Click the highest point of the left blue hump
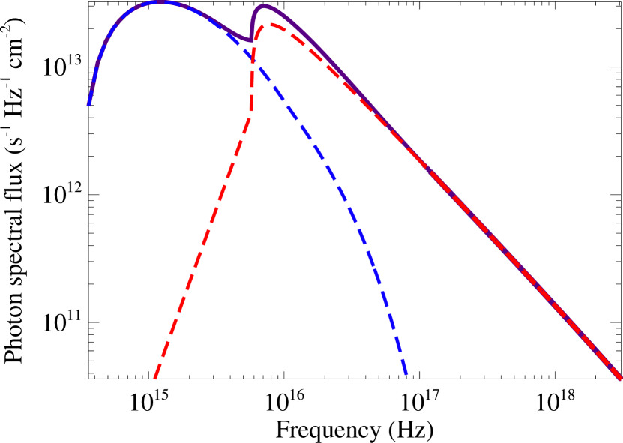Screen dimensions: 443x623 pyautogui.click(x=158, y=2)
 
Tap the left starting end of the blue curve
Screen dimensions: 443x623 pyautogui.click(x=88, y=105)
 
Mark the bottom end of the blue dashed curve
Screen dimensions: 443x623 pyautogui.click(x=406, y=374)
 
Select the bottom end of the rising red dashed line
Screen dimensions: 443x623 pyautogui.click(x=154, y=379)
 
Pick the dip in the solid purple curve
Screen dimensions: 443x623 pyautogui.click(x=250, y=40)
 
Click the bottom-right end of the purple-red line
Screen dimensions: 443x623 pyautogui.click(x=621, y=379)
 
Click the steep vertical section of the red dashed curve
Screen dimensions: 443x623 pyautogui.click(x=253, y=82)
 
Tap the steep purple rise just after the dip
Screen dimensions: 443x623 pyautogui.click(x=253, y=22)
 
